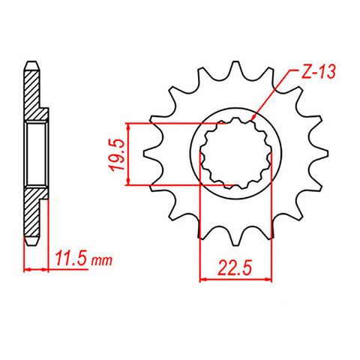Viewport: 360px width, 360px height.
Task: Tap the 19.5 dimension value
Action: click(x=113, y=154)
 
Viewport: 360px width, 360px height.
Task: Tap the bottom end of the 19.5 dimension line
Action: click(x=132, y=182)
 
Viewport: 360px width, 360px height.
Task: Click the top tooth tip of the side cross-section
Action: click(x=31, y=63)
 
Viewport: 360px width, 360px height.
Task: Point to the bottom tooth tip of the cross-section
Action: click(x=31, y=244)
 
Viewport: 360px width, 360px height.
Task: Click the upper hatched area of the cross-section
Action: click(x=33, y=94)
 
